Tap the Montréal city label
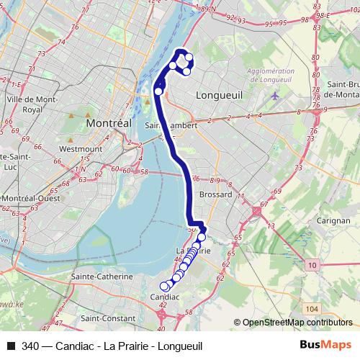click(x=109, y=123)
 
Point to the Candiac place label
click(x=163, y=297)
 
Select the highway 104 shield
click(x=311, y=308)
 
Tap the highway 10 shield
click(x=311, y=266)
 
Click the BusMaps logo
click(x=325, y=346)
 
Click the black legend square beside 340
click(x=10, y=346)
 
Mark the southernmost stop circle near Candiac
click(x=164, y=286)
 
